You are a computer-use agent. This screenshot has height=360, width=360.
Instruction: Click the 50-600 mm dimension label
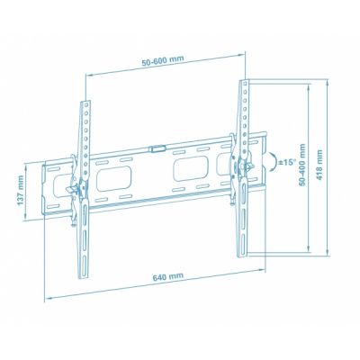click(163, 60)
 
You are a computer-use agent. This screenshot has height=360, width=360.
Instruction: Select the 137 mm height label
click(21, 191)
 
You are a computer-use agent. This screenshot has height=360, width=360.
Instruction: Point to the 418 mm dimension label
click(319, 165)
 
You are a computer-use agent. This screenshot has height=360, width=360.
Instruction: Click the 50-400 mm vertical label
click(302, 164)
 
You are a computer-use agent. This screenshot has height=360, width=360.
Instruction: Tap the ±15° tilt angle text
click(287, 163)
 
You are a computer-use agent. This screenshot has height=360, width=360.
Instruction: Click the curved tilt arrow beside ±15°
click(273, 162)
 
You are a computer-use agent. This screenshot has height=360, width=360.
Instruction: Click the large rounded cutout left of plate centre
click(114, 179)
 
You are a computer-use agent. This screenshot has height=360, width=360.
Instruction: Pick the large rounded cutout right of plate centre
click(191, 169)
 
